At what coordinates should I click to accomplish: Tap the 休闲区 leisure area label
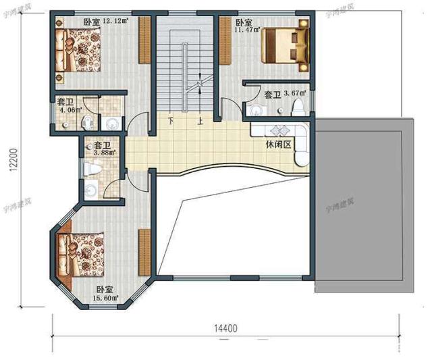278,145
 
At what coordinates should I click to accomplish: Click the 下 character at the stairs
171,122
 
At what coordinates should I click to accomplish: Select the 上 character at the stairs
200,122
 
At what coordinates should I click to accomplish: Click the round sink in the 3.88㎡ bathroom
90,191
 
